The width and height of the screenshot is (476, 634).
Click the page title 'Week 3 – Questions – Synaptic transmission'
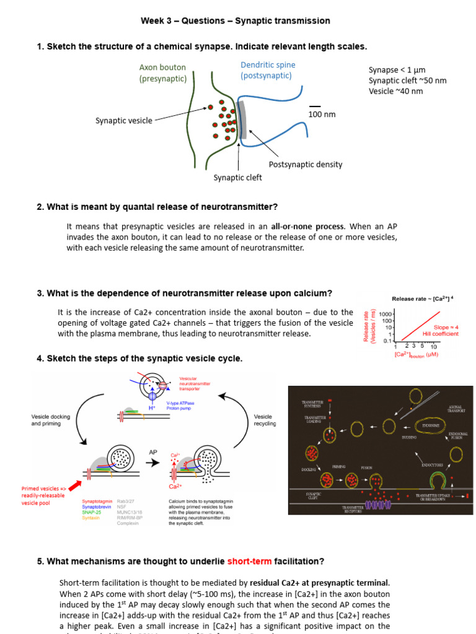pos(236,21)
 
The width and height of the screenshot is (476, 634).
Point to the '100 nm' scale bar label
pos(322,115)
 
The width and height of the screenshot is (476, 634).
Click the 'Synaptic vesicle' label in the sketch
pos(123,121)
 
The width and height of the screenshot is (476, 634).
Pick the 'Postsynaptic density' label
pos(305,164)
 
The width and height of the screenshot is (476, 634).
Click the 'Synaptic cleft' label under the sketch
pos(237,178)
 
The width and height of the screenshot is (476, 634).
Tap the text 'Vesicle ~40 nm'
pos(395,91)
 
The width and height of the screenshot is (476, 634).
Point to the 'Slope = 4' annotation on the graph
pos(445,327)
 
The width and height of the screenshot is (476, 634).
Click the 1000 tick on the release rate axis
pos(386,314)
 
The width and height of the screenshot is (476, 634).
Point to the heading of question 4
pos(139,358)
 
